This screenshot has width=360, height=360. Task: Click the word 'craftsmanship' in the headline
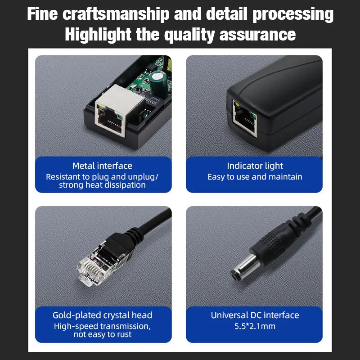click(116, 14)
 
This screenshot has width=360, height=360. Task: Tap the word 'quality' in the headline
click(189, 35)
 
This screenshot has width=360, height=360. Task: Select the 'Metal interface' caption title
click(103, 166)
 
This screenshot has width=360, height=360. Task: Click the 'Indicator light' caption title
click(255, 166)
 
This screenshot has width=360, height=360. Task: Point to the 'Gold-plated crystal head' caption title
click(103, 315)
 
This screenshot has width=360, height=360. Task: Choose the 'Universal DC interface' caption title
click(255, 315)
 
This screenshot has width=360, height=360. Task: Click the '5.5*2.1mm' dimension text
click(255, 326)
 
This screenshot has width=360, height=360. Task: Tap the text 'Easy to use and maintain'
click(255, 177)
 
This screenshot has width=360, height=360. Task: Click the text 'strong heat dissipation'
click(103, 185)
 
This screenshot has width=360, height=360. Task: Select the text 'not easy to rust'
click(103, 334)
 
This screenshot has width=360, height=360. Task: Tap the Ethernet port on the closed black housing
click(245, 118)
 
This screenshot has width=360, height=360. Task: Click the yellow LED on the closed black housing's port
click(237, 105)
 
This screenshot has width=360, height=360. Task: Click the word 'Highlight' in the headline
click(98, 35)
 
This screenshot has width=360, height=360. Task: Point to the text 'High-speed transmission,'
click(103, 326)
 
